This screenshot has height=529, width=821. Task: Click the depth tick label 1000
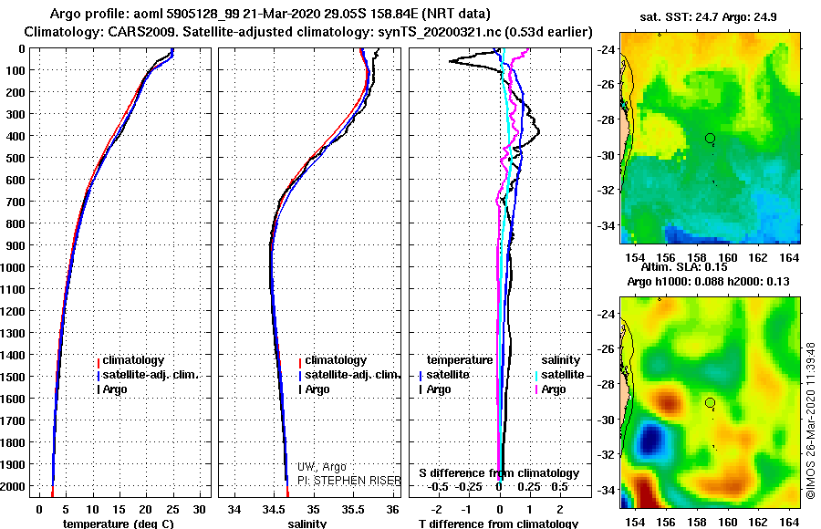click(13, 267)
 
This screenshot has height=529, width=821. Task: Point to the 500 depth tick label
click(16, 158)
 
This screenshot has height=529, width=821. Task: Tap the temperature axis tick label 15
click(119, 509)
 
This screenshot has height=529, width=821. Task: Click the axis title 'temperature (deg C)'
click(119, 524)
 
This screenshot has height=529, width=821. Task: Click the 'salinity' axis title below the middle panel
click(307, 524)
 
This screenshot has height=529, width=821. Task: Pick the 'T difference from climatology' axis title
click(498, 524)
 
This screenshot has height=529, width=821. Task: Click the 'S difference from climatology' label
click(499, 473)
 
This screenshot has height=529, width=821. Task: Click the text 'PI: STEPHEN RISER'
click(349, 481)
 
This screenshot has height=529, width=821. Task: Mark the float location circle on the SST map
click(710, 139)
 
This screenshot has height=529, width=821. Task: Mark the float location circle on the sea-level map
click(710, 403)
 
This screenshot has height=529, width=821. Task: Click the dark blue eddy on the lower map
click(650, 439)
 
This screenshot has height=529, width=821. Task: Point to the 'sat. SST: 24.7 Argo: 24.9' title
click(708, 17)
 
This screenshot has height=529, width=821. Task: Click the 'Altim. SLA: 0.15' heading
click(684, 266)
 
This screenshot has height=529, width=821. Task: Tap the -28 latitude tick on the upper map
click(607, 119)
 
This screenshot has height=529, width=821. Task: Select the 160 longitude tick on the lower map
click(727, 523)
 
